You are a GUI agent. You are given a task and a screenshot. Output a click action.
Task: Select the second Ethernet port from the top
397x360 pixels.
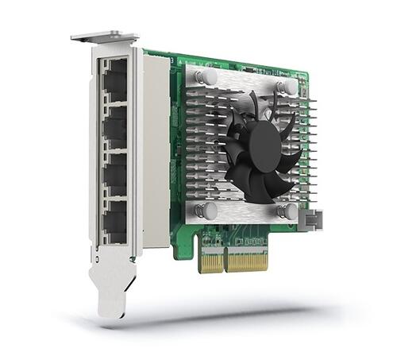pyautogui.click(x=114, y=126)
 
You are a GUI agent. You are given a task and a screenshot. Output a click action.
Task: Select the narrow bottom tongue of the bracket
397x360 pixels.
pyautogui.click(x=112, y=293)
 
